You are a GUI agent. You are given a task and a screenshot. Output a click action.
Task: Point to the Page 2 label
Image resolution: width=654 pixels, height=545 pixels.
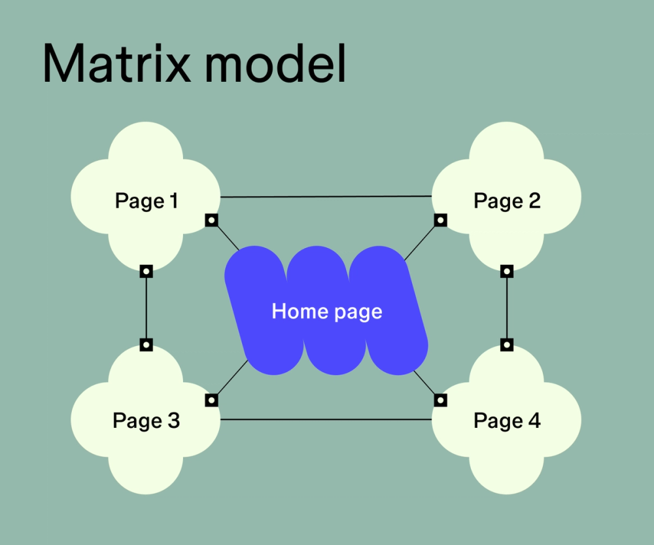pos(507,200)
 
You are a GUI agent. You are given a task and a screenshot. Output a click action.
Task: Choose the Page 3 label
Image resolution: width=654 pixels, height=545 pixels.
pos(146,421)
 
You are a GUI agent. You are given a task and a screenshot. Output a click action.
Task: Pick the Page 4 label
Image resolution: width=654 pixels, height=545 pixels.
pos(507,421)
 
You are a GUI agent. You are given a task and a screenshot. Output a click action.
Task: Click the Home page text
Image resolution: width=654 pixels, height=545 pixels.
pos(326,311)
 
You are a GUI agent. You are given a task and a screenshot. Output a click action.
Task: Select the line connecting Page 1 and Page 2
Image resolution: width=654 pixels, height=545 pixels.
pos(326,196)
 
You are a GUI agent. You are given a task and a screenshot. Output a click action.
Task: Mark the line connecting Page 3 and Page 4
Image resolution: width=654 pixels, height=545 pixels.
pos(326,419)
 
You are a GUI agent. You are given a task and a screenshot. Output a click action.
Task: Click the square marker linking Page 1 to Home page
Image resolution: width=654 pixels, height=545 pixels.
pos(211,220)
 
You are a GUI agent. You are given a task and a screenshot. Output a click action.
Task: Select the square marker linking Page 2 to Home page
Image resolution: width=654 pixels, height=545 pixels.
pos(441,220)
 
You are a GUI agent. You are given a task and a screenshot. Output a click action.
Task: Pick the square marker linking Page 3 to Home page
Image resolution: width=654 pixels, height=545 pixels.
pos(211,399)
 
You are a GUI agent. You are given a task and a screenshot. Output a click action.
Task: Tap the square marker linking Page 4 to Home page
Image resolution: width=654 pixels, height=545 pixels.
pos(441,399)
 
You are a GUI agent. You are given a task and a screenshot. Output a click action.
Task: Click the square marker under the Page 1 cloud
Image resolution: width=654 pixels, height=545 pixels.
pos(146,271)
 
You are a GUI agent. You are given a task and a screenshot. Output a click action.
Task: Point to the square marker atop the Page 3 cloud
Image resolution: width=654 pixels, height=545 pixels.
pos(146,344)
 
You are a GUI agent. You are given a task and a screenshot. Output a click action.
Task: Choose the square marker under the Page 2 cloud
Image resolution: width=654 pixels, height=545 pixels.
pos(507,271)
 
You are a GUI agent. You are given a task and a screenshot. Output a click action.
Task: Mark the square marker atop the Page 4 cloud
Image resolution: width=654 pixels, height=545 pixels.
pos(507,344)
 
